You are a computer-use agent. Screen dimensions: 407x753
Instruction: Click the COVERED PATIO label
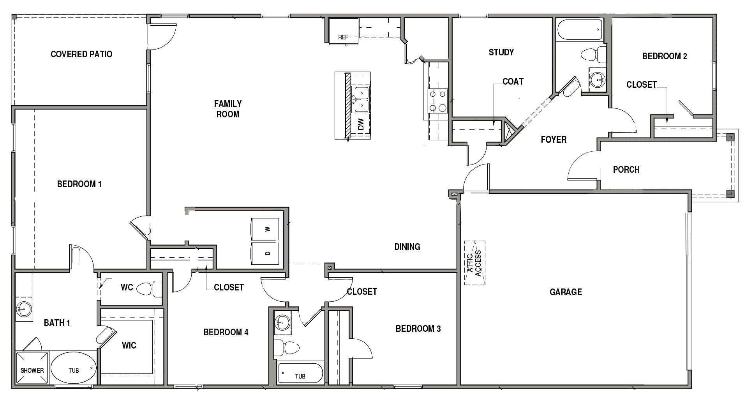81,54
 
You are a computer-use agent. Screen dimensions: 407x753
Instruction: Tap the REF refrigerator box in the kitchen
343,32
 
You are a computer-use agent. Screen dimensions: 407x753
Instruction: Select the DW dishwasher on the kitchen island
360,125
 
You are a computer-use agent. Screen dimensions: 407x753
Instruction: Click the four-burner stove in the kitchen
437,101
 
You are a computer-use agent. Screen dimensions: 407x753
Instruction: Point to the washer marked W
265,230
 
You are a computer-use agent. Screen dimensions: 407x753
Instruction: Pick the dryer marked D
265,253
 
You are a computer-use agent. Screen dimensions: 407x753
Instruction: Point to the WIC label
129,345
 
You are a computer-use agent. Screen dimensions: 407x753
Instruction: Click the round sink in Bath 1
23,310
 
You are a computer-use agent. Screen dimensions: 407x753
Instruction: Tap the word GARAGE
566,292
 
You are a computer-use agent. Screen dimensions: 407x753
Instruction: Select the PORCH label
626,170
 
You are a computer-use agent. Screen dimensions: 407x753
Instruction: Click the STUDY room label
501,52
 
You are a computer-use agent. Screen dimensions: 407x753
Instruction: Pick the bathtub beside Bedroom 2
579,30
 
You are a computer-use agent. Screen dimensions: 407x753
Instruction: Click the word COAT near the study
513,81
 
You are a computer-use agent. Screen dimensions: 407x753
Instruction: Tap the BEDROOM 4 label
226,332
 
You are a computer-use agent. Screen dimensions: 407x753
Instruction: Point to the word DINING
407,247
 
